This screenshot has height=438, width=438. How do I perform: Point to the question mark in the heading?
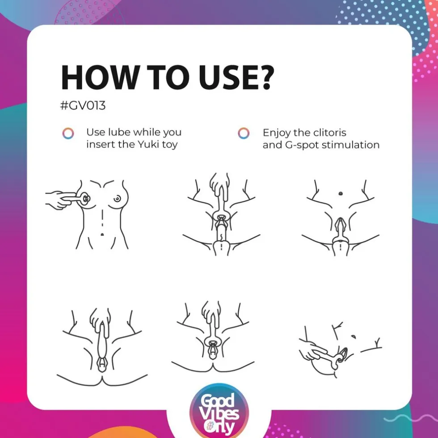coord(263,77)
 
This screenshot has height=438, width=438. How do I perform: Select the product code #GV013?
coord(83,106)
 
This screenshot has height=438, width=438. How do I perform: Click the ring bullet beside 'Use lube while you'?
coord(68,133)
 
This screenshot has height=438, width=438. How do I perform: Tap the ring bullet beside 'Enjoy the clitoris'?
coord(244,133)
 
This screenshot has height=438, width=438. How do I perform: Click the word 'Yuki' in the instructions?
coord(148,144)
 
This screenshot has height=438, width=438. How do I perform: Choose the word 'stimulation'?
coord(351,145)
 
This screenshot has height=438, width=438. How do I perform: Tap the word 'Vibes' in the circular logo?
coord(220,415)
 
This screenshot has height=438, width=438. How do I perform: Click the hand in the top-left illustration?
coord(60,199)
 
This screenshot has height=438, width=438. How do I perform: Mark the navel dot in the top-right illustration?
coord(341,193)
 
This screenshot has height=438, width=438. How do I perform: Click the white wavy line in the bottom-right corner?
coord(411,418)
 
